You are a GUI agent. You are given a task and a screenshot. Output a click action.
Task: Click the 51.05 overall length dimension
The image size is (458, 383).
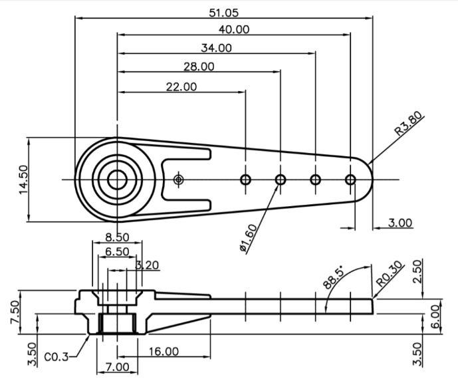coord(224,13)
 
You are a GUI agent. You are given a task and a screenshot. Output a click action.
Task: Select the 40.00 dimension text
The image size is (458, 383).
coord(234,29)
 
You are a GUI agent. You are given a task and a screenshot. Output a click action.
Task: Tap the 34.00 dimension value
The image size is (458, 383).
coord(217,48)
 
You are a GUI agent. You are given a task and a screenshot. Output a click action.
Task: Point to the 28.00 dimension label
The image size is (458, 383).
coord(199,67)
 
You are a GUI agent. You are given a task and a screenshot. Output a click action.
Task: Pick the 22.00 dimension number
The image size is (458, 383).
coord(181,86)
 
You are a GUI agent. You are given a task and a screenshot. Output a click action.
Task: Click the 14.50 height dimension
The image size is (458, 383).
coord(23,180)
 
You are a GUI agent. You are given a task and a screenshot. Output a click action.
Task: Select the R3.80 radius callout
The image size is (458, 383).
coord(409,123)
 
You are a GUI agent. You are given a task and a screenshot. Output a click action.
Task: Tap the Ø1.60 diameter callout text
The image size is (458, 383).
coord(249,238)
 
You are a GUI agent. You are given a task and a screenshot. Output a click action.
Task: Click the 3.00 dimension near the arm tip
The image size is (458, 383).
coord(400,223)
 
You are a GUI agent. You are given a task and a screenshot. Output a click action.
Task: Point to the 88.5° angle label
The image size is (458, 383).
coord(334,278)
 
